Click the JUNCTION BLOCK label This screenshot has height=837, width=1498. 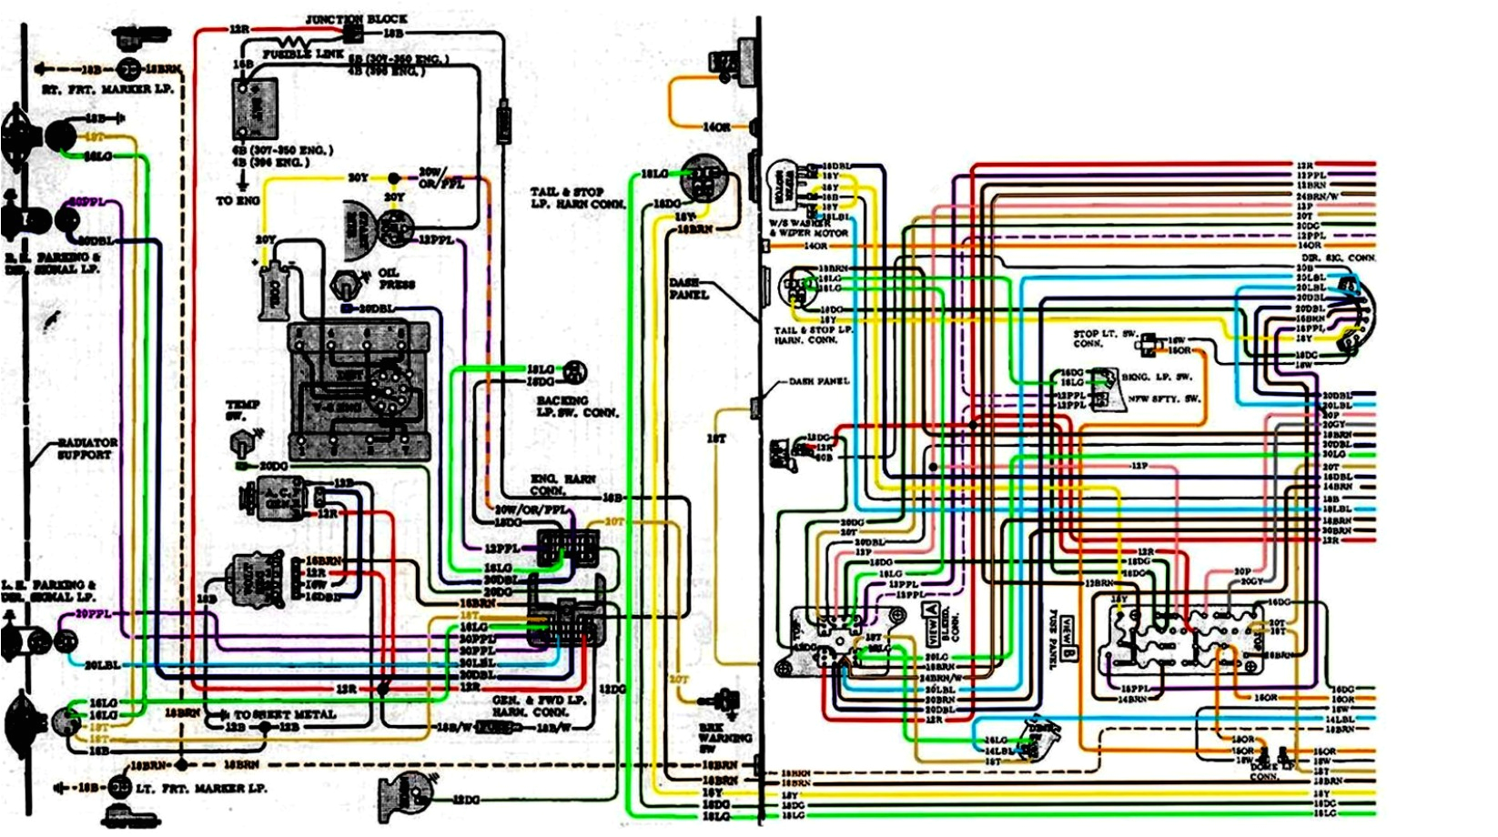tap(356, 18)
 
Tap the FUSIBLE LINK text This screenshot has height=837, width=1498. tap(303, 55)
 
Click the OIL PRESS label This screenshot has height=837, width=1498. tap(396, 278)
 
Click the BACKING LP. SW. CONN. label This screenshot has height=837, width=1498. tap(576, 407)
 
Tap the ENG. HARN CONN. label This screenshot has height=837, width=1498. tap(562, 484)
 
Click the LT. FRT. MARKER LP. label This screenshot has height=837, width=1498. tap(201, 788)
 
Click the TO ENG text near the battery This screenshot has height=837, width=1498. tap(238, 200)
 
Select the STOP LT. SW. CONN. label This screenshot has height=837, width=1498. tap(1104, 338)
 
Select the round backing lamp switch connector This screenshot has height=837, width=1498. tap(574, 371)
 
